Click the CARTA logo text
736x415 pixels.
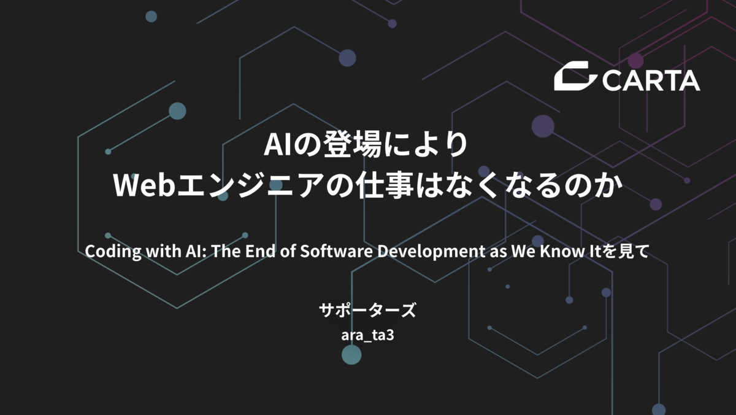651,80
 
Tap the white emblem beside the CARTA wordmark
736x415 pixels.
575,76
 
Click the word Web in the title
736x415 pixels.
144,186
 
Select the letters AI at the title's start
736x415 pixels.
278,145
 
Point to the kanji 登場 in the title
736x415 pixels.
352,145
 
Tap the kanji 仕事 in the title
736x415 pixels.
385,186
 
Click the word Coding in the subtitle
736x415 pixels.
113,252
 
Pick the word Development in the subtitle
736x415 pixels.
431,252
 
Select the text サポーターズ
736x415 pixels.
367,310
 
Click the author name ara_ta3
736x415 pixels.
367,336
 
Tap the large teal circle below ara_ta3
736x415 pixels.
351,355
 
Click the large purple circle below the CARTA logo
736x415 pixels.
543,126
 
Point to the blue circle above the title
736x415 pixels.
347,58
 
